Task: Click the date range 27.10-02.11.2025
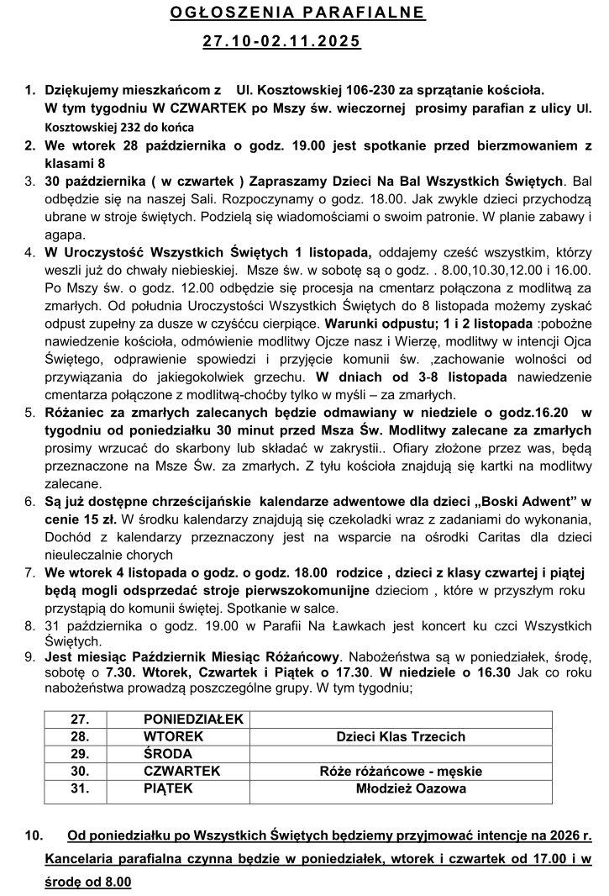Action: click(281, 41)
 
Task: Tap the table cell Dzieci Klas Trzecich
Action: click(401, 737)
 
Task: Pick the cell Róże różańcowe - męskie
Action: click(401, 772)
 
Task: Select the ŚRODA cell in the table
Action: click(168, 754)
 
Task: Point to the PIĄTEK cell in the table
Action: click(168, 789)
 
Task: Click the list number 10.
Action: click(34, 836)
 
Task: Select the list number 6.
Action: click(29, 501)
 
